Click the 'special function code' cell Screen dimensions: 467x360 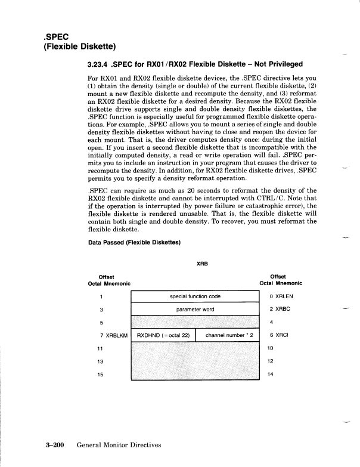[x=195, y=296]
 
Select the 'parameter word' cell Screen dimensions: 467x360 [x=195, y=310]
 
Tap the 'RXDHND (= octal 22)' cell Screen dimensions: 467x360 [x=163, y=335]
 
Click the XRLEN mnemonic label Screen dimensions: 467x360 [x=283, y=296]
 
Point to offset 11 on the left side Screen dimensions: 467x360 [x=101, y=348]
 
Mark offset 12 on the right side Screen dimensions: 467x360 [x=271, y=361]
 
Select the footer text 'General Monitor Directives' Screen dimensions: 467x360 [x=119, y=444]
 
